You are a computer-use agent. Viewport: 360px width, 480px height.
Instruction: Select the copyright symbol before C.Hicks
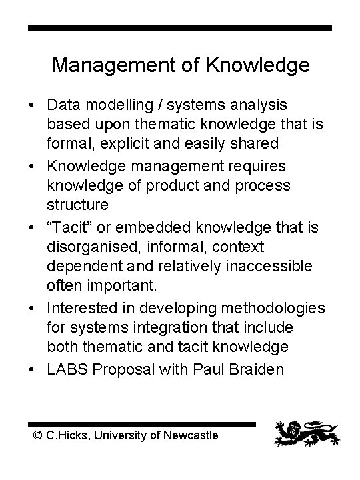click(38, 435)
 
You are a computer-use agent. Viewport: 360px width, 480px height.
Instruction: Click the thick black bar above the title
click(180, 29)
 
